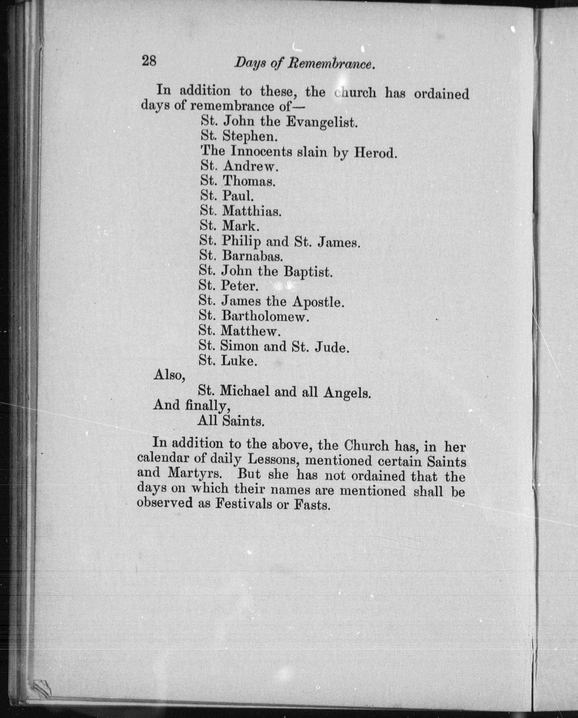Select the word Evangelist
click(x=322, y=123)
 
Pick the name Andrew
click(x=250, y=166)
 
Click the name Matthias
click(x=252, y=211)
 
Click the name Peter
click(x=239, y=286)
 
